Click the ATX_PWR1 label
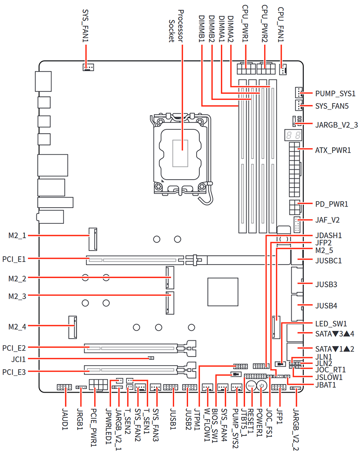(333, 150)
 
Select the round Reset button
(251, 386)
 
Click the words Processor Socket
(176, 25)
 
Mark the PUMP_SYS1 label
(335, 94)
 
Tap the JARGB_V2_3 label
(337, 124)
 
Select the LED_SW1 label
(331, 323)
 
